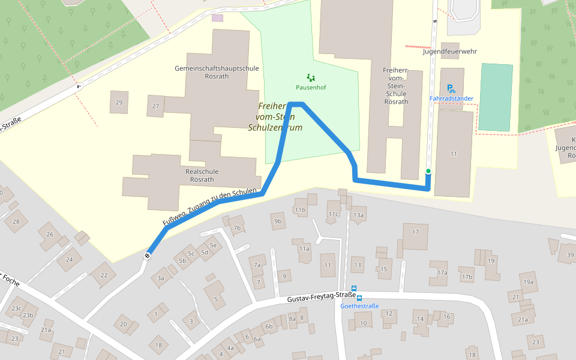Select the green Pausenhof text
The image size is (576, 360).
(x=311, y=88)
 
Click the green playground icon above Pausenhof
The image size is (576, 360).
(x=310, y=77)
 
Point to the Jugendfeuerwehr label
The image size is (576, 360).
(x=449, y=52)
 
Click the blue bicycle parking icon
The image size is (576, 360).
(x=451, y=88)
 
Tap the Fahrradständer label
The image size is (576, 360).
(x=451, y=98)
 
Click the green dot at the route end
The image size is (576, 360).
(x=428, y=172)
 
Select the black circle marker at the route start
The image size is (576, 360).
(x=147, y=256)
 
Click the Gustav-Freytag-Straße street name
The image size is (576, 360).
(x=321, y=298)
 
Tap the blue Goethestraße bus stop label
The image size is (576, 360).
(x=359, y=306)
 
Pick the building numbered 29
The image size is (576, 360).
(x=119, y=103)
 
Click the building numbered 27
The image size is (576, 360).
(x=156, y=106)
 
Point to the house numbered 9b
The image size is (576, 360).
(x=277, y=221)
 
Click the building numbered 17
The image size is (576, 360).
(x=415, y=232)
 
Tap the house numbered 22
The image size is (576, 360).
(x=104, y=275)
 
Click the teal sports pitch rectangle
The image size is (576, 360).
(x=496, y=97)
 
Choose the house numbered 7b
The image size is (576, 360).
(x=237, y=228)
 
